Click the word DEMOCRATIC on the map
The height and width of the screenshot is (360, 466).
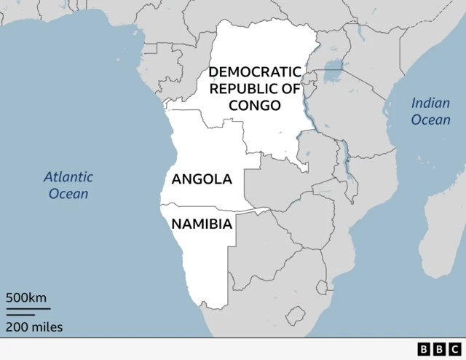254,72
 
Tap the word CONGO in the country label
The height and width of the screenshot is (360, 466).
254,106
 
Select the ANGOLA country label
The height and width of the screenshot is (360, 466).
202,179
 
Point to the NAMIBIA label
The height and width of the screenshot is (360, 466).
202,224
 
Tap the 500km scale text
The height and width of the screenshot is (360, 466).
26,298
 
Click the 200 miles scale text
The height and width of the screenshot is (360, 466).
34,327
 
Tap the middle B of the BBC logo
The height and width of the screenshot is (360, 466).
440,349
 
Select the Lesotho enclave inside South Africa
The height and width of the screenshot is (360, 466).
295,316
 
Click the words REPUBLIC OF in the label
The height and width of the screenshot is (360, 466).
254,89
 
